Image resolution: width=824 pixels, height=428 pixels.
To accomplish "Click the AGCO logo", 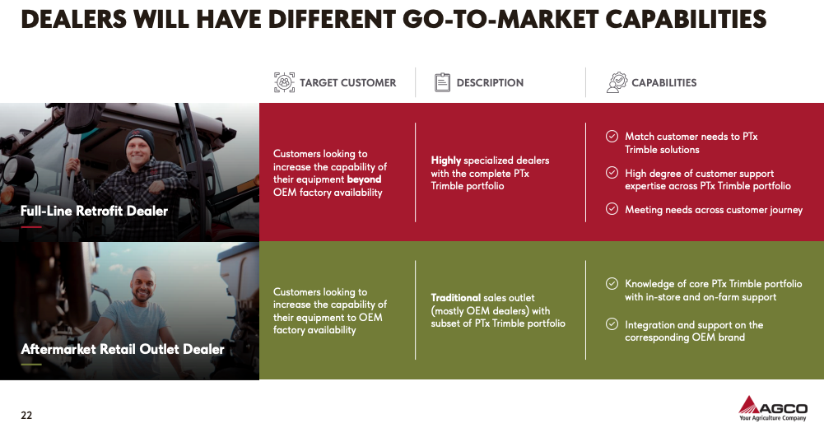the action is (x=772, y=408).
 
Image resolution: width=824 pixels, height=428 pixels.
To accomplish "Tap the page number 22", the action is (x=26, y=416).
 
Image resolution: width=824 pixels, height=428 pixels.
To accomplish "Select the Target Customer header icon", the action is (x=284, y=82).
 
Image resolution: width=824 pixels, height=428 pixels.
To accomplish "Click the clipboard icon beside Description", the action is (x=443, y=82).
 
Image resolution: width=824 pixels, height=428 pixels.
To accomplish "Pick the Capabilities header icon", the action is (x=617, y=82).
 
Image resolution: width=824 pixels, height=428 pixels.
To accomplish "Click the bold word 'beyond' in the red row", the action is (x=364, y=179).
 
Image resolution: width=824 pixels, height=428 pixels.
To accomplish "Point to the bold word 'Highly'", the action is (x=445, y=160).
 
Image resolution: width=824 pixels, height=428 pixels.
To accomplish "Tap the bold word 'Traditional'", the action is (x=455, y=298).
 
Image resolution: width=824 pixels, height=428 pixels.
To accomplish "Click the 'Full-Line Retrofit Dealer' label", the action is (x=94, y=211).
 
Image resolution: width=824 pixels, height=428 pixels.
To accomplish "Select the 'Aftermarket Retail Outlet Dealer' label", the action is (x=123, y=349).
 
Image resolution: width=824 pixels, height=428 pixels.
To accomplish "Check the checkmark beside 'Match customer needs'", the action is (x=612, y=137).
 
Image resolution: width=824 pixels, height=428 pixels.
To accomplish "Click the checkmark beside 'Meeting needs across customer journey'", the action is (x=612, y=209).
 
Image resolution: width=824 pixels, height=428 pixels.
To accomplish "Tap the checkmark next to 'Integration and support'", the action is (x=612, y=324).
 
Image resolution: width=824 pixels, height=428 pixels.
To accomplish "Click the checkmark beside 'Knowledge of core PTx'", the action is (x=612, y=284).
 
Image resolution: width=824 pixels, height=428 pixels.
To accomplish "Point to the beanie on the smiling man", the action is (x=140, y=138).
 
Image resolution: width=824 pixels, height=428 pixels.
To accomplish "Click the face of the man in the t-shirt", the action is (x=143, y=285).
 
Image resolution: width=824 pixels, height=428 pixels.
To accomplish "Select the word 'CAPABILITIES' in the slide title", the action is (x=686, y=20).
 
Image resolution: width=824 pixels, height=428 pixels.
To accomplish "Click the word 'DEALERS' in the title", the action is (x=74, y=20).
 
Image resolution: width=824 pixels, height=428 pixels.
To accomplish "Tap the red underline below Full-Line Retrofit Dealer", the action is (x=31, y=227).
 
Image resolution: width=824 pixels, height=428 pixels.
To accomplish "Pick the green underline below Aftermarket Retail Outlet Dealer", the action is (x=31, y=365).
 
